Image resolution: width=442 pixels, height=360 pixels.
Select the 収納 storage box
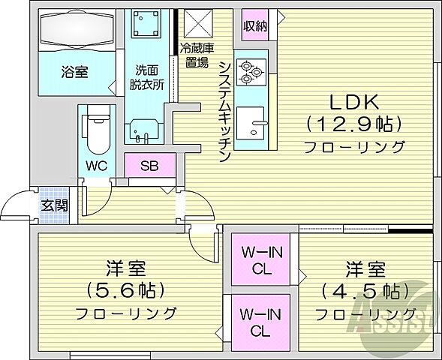point(254,26)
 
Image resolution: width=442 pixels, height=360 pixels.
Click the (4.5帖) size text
point(365,291)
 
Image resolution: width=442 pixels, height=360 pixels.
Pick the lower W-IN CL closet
point(256,321)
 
